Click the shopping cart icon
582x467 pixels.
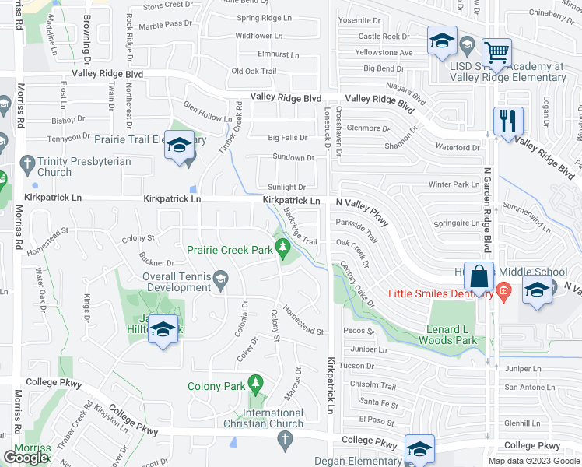[496, 54]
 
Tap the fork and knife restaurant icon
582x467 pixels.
[508, 121]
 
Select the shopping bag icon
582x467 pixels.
[479, 276]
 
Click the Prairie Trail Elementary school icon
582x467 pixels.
[180, 146]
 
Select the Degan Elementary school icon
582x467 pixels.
[419, 449]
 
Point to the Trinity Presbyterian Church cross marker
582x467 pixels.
[29, 164]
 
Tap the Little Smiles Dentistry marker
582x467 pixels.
[503, 293]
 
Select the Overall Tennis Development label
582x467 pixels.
[177, 282]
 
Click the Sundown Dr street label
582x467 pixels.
[293, 157]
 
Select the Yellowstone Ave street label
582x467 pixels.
[384, 53]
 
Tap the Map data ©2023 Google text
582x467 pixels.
[535, 461]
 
